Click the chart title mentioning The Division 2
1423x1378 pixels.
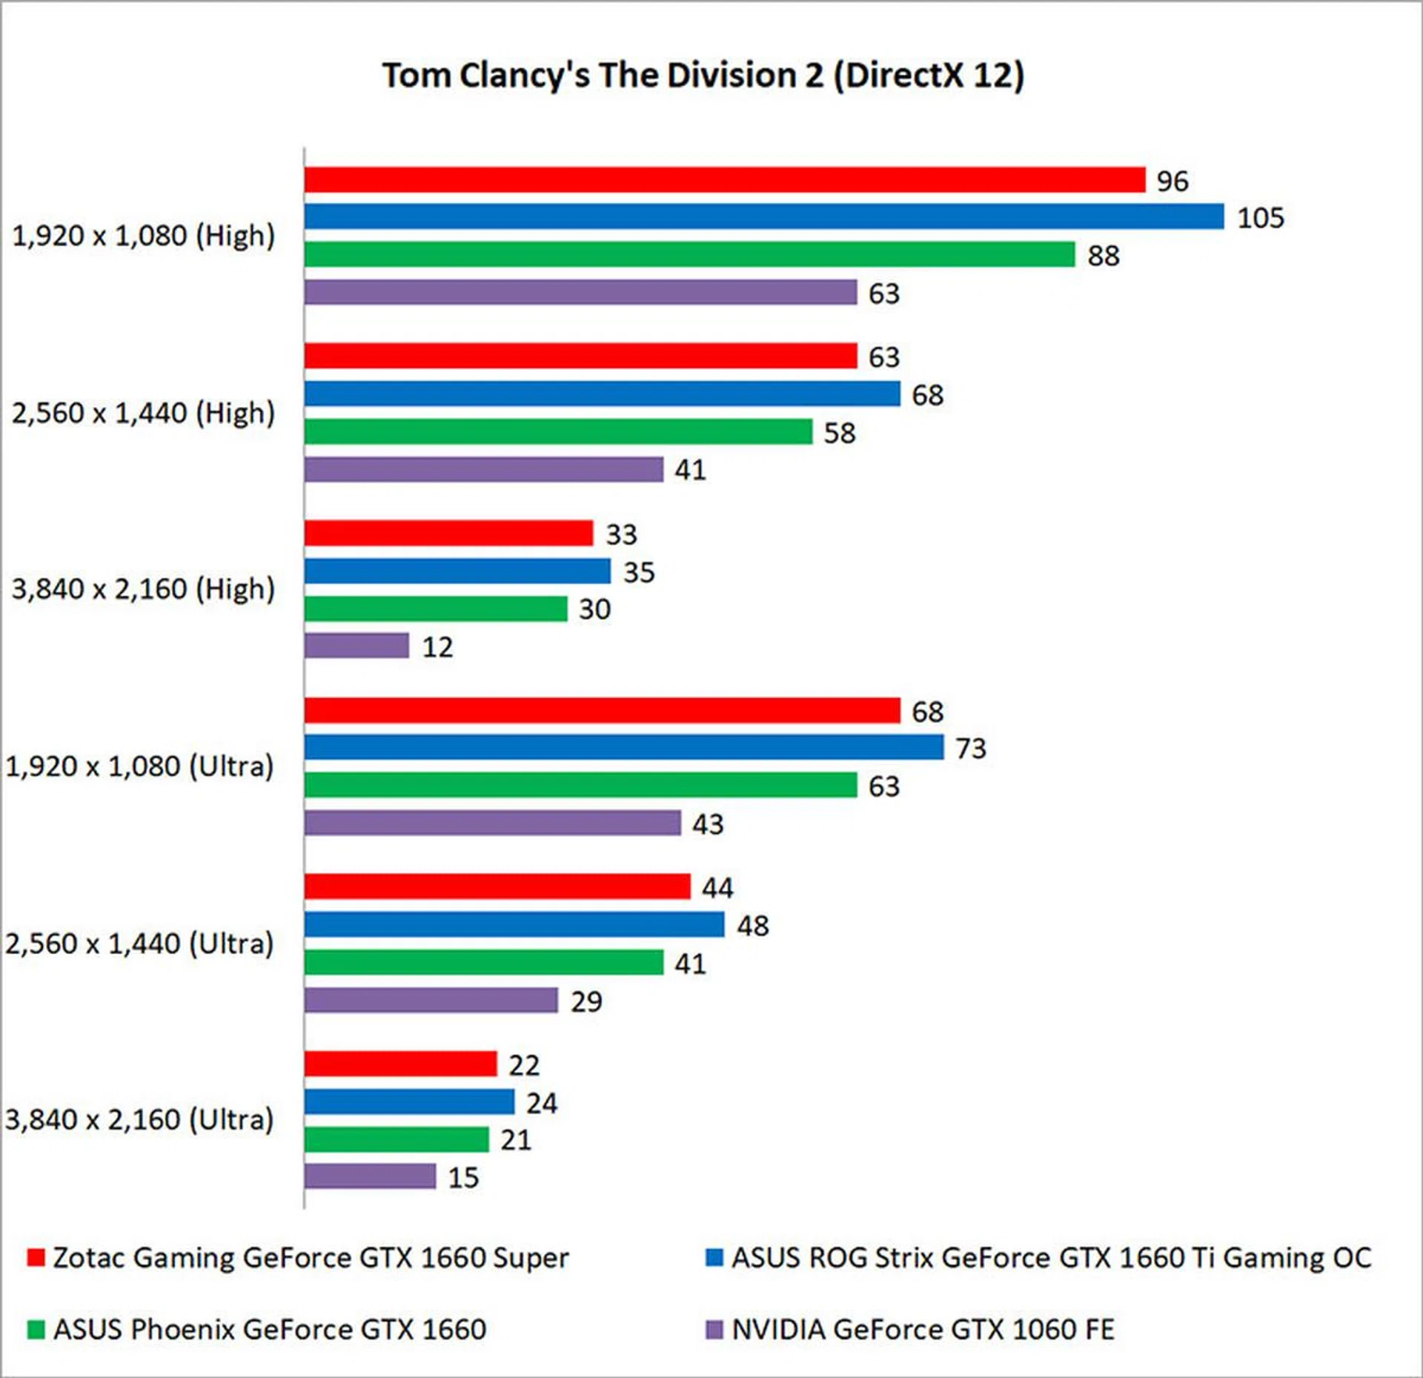coord(703,76)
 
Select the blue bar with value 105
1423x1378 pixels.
coord(763,216)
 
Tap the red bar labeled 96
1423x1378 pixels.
coord(724,180)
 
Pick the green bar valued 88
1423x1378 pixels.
coord(689,254)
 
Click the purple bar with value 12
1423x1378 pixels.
coord(356,646)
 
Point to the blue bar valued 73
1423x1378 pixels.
coord(624,747)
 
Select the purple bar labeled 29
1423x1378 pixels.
coord(431,1000)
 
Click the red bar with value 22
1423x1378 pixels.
coord(400,1064)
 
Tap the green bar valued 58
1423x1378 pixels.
coord(558,431)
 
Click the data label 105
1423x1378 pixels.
coord(1260,218)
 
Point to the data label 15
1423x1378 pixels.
coord(463,1177)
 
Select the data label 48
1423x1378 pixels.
coord(752,926)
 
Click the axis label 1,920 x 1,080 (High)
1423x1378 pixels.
coord(144,236)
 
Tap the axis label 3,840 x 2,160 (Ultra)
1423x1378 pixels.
coord(140,1119)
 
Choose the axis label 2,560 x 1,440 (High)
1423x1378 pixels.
coord(144,413)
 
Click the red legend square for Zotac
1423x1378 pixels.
coord(36,1258)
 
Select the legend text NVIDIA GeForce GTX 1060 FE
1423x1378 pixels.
coord(923,1330)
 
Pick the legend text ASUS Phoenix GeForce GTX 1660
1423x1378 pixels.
coord(270,1330)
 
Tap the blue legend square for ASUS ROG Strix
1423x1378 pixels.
coord(714,1258)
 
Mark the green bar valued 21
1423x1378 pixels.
coord(397,1139)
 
